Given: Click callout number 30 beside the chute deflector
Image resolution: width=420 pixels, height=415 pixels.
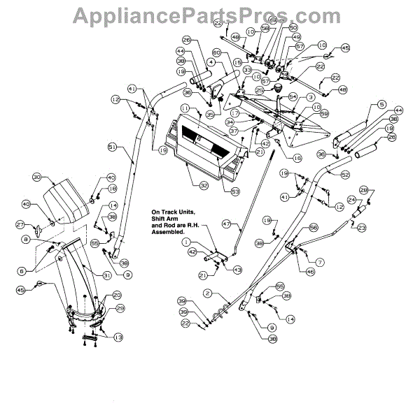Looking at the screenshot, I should click(38, 177).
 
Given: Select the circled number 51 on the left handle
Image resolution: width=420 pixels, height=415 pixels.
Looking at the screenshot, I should click(112, 147).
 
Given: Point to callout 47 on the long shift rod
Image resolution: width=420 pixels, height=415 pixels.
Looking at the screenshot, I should click(226, 225).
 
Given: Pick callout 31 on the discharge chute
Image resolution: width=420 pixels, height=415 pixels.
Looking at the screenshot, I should click(107, 276).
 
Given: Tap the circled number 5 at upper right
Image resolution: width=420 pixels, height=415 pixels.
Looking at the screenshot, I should click(381, 104).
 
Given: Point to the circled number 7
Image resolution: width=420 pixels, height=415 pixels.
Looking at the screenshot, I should click(320, 261).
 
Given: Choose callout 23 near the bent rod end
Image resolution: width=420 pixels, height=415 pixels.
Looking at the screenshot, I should click(362, 227).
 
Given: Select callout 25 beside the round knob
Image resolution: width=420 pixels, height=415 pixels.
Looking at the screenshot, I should click(259, 90).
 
